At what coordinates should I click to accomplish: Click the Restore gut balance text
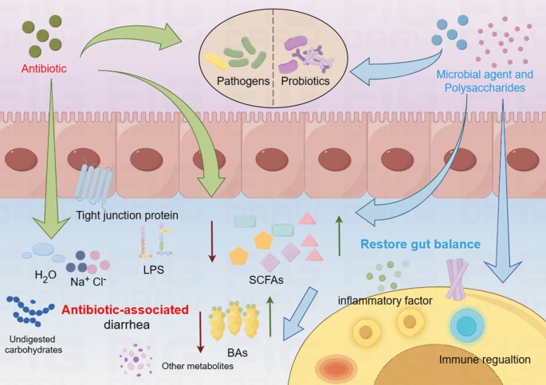tap(421, 244)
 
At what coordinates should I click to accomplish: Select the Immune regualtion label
tap(485, 360)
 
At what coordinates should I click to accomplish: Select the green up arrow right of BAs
tap(269, 313)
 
